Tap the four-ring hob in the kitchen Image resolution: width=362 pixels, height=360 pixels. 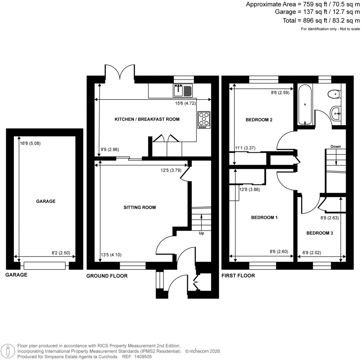click(x=203, y=120)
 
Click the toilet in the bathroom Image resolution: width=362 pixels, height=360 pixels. click(x=334, y=94)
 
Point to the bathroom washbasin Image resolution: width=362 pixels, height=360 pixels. click(x=337, y=114)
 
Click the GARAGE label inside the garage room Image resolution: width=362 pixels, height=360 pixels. click(x=46, y=201)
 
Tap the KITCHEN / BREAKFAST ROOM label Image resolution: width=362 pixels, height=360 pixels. click(x=147, y=119)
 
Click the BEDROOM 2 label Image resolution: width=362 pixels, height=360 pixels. click(x=259, y=120)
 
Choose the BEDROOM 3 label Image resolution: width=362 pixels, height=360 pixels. click(x=320, y=233)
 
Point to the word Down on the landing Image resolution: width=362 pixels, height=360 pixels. click(x=336, y=146)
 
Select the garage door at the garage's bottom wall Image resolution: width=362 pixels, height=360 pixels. click(x=45, y=265)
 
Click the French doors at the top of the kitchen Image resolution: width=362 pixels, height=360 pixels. click(x=120, y=72)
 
